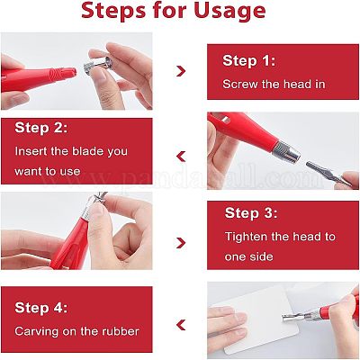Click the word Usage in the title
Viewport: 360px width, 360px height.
pos(229,11)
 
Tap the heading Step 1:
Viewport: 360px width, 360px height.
pos(248,60)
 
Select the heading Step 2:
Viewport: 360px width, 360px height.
pos(41,128)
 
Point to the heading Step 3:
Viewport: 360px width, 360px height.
pos(251,213)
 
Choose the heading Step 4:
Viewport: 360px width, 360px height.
pos(41,308)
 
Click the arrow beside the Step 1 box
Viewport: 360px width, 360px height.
pos(181,71)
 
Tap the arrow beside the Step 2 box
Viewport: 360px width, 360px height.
pos(181,157)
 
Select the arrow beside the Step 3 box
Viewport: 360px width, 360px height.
pos(181,243)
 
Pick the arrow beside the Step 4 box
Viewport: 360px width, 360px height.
pos(181,325)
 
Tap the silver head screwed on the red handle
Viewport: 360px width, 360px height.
pos(286,151)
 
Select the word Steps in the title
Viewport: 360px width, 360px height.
pos(113,11)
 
